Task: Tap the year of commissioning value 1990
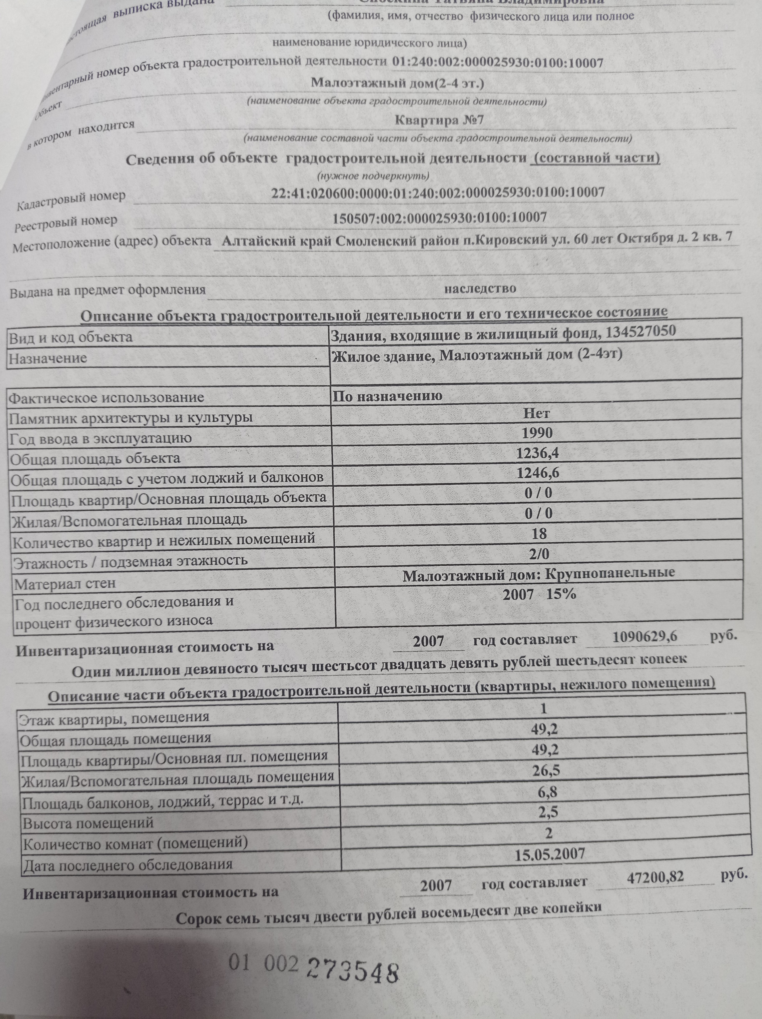click(x=537, y=433)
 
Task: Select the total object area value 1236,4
click(x=538, y=453)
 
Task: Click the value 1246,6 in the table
click(x=538, y=473)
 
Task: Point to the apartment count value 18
click(x=539, y=534)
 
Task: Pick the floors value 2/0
click(x=539, y=553)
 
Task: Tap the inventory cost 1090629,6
click(x=645, y=637)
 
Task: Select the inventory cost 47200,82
click(x=656, y=878)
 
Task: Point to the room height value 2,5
click(x=548, y=812)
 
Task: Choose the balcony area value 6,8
click(x=548, y=791)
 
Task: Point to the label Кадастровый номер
click(x=71, y=199)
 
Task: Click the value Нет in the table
click(x=537, y=413)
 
